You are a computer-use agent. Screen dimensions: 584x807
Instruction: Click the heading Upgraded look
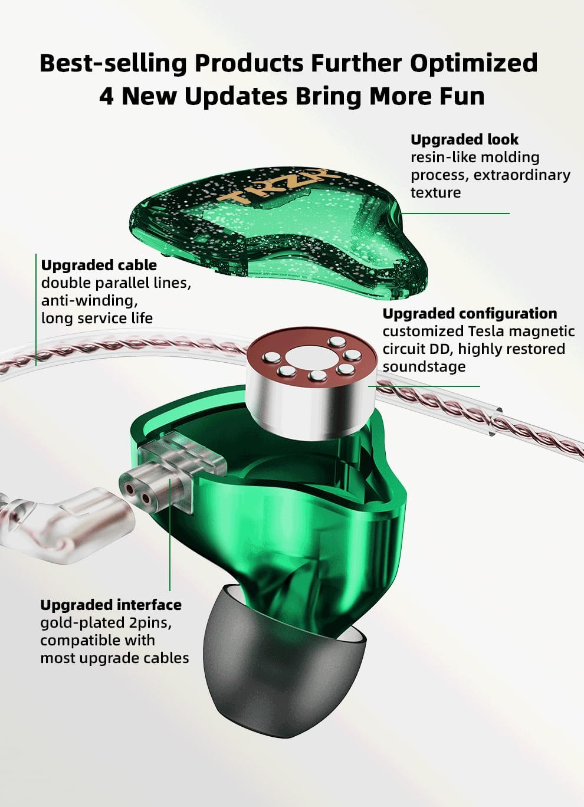(x=464, y=140)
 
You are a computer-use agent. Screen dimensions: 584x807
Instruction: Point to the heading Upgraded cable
(x=99, y=265)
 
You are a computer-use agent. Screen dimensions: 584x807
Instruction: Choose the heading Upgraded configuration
(x=470, y=314)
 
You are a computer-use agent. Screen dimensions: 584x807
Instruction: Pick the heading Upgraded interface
(x=111, y=605)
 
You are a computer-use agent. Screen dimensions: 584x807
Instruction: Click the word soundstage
(x=424, y=367)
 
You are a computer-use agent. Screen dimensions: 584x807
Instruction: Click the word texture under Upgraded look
(x=435, y=193)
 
